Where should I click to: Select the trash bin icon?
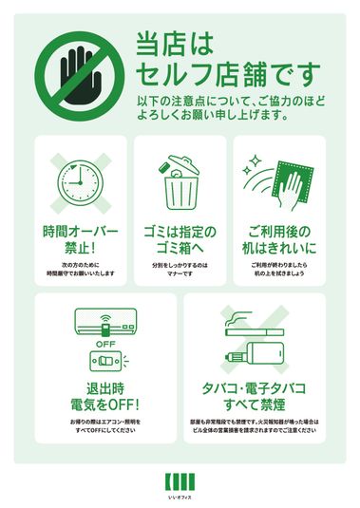179,182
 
